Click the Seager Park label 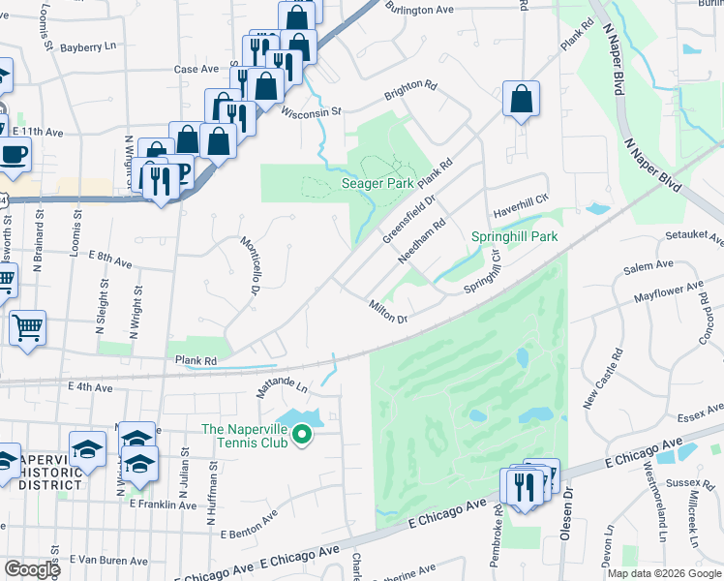tap(377, 183)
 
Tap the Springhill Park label tap(514, 236)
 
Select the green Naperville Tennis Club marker tap(301, 437)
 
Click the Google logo tap(31, 569)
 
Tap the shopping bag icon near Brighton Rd tap(521, 99)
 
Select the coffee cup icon tap(14, 154)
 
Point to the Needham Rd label tap(422, 240)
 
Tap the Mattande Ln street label tap(281, 388)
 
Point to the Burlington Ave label tap(419, 10)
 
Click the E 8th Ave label tap(109, 258)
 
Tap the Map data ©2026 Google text tap(663, 573)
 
